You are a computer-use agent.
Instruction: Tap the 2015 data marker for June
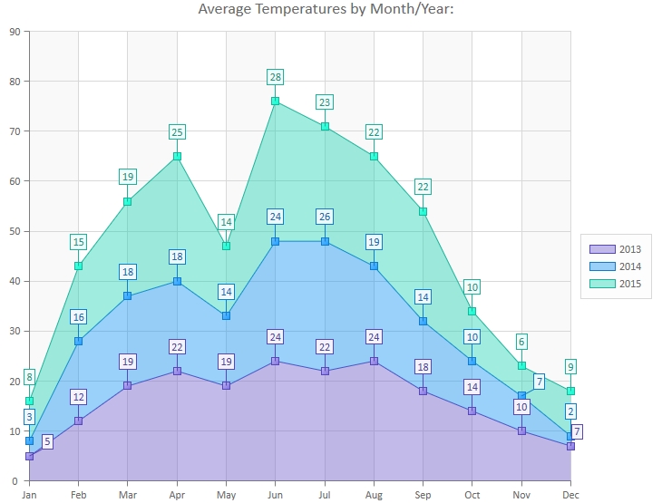click(x=275, y=101)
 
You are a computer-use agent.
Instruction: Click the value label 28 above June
click(x=275, y=77)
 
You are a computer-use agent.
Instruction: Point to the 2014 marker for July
click(x=325, y=241)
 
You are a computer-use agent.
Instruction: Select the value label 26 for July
click(x=325, y=217)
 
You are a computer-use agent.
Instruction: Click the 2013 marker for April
click(x=177, y=371)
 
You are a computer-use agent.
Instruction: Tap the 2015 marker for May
click(x=226, y=246)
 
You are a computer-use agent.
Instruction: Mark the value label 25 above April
click(x=177, y=132)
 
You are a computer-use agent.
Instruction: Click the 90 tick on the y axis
click(x=15, y=32)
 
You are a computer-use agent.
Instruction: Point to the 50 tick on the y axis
click(x=15, y=231)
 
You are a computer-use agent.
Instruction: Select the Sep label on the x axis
click(x=423, y=495)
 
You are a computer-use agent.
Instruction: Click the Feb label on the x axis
click(x=78, y=495)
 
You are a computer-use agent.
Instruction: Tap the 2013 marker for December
click(x=570, y=446)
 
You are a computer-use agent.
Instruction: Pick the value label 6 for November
click(x=521, y=342)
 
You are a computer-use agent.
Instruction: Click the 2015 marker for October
click(x=472, y=311)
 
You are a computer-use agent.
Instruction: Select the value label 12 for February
click(x=78, y=397)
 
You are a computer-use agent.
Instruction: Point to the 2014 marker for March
click(x=128, y=296)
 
